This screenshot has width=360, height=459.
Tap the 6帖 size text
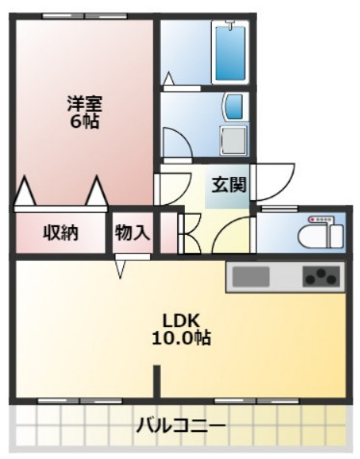coord(85,122)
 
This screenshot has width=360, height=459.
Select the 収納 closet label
coord(61,231)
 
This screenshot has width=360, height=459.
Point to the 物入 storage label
coord(132,231)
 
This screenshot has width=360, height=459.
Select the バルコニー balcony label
coord(180,423)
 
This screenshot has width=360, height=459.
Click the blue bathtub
coord(230,53)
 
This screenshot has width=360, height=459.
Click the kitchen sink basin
coord(252,277)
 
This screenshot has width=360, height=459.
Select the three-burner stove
coord(321,277)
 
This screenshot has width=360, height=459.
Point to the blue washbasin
coord(233,107)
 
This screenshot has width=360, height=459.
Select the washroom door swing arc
coord(176,142)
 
